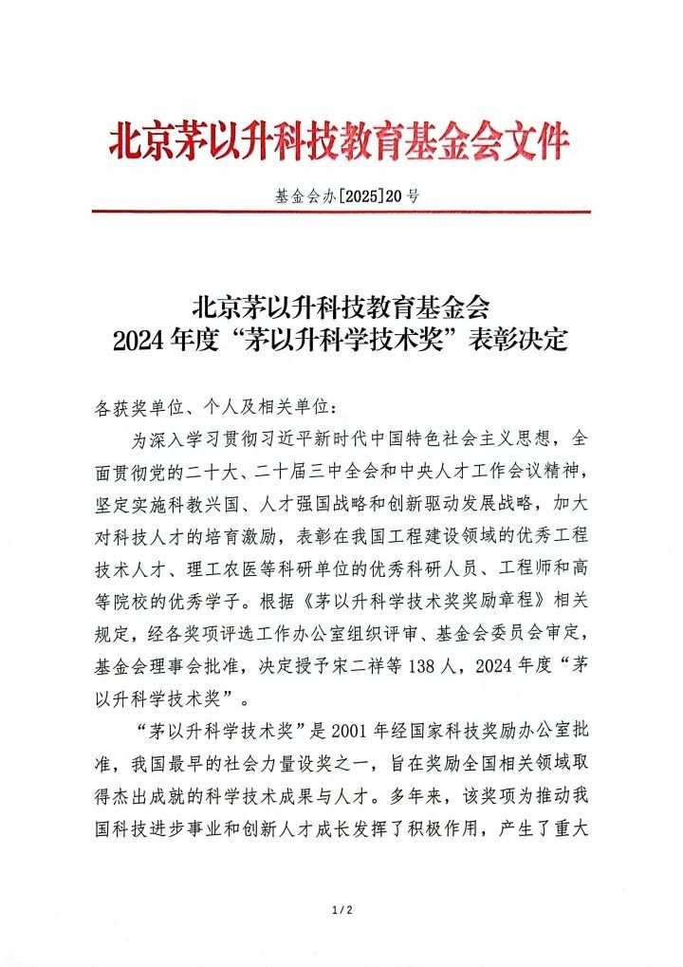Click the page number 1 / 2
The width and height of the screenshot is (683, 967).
point(342,912)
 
